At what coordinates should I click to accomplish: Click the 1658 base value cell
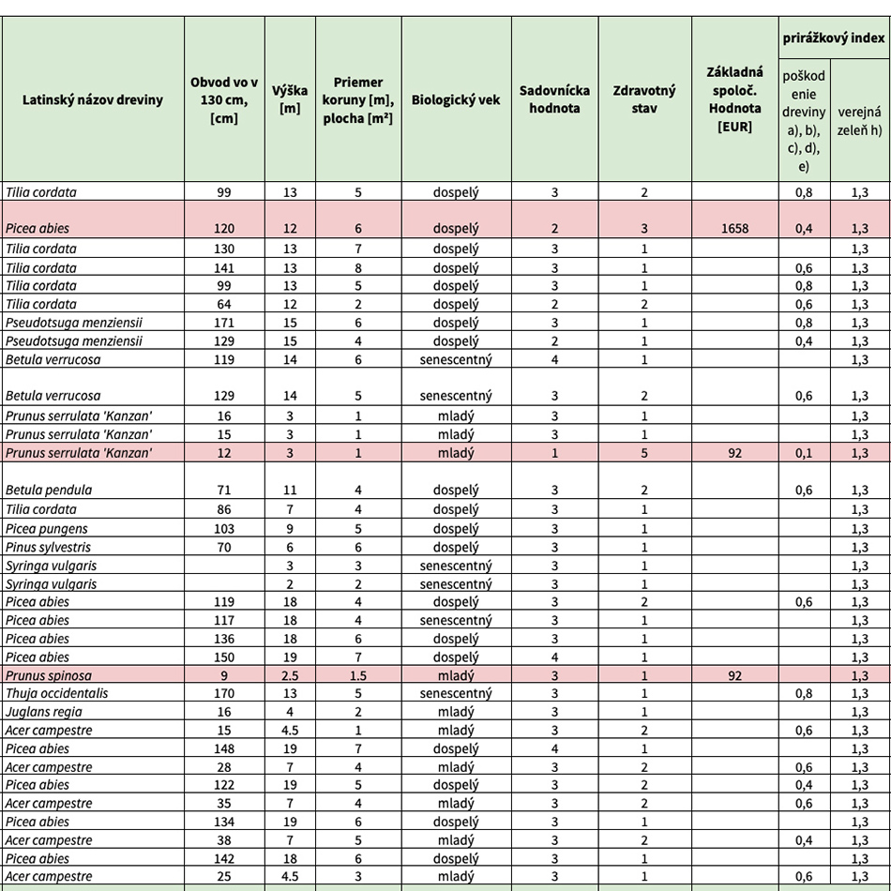click(735, 229)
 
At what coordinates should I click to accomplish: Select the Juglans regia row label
click(37, 712)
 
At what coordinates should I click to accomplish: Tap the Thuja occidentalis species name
click(56, 694)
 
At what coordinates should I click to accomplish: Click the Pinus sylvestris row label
click(48, 547)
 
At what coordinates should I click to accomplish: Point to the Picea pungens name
click(43, 529)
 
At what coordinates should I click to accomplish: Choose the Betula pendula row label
click(49, 491)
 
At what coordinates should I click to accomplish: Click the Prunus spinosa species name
click(49, 675)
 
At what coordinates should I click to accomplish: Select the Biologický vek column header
click(455, 99)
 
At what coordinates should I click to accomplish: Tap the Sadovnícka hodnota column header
click(554, 99)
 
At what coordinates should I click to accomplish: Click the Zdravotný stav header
click(644, 99)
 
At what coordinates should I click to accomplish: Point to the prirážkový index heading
click(834, 38)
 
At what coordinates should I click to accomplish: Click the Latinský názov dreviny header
click(92, 99)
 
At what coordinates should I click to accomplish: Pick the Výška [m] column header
click(290, 99)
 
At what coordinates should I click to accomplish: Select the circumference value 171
click(224, 323)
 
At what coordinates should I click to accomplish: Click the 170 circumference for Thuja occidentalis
click(224, 694)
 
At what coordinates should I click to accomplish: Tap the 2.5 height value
click(290, 675)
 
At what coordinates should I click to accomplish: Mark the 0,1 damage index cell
click(804, 453)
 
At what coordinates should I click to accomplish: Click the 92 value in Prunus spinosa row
click(735, 675)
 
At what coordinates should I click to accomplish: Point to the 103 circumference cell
click(224, 529)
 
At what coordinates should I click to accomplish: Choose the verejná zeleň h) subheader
click(860, 119)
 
